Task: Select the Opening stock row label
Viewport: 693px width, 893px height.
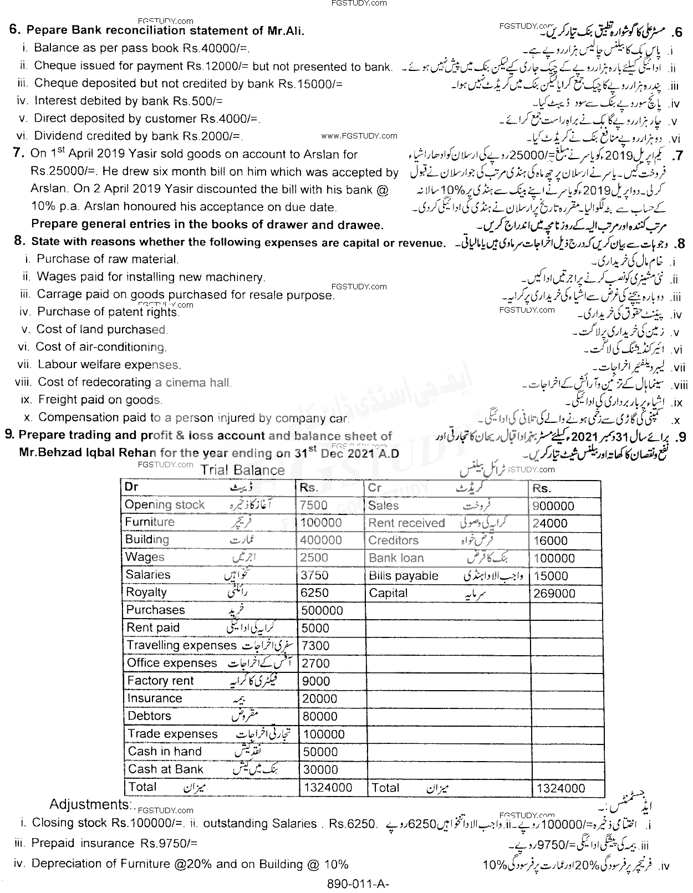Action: [165, 505]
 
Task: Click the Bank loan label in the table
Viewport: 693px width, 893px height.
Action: [396, 558]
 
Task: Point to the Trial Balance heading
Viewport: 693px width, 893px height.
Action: [242, 470]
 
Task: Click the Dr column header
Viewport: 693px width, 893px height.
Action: [131, 487]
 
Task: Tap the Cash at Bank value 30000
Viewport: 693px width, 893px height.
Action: [319, 769]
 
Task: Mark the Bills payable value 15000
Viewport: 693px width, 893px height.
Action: [550, 576]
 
